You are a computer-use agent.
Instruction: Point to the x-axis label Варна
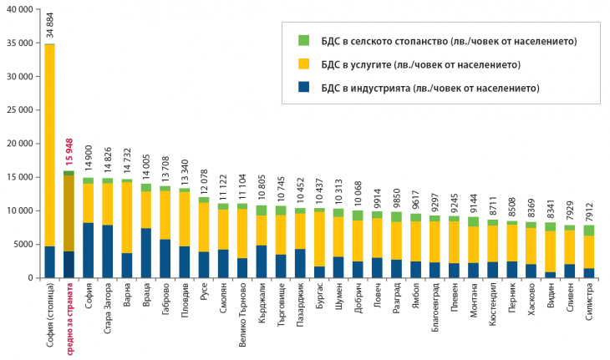tap(127, 297)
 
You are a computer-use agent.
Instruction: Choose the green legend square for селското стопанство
tap(303, 41)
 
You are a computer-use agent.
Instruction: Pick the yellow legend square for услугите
tap(303, 64)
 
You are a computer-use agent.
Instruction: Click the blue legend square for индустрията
tap(303, 88)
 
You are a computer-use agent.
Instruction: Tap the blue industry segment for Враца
tap(145, 252)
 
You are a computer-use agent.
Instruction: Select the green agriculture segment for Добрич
tap(358, 215)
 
